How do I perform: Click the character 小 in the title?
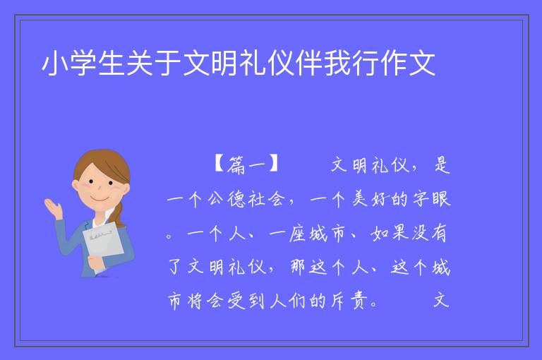pos(54,64)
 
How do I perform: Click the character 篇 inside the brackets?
pos(236,165)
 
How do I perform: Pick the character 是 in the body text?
pos(442,165)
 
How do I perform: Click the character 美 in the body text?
pos(359,199)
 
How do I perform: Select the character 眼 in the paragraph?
pos(441,199)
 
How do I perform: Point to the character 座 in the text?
pos(297,234)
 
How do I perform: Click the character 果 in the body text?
pos(401,234)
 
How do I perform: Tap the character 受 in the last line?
pos(236,301)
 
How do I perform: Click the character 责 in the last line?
pos(359,301)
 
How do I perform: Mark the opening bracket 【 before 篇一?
pos(219,164)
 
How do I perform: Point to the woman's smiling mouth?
pos(100,199)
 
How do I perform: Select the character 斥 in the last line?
pos(339,301)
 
